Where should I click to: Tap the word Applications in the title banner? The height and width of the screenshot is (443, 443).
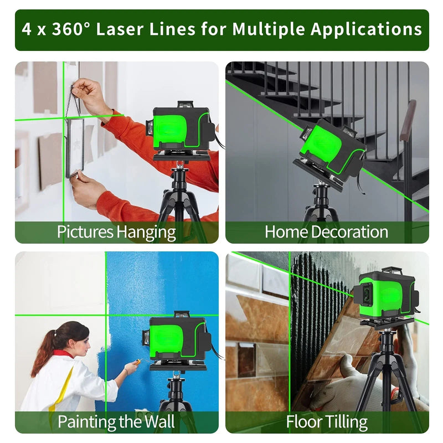pyautogui.click(x=367, y=30)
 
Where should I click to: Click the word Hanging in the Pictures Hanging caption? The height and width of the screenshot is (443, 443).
pyautogui.click(x=146, y=233)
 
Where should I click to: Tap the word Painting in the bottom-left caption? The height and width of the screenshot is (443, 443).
pyautogui.click(x=86, y=422)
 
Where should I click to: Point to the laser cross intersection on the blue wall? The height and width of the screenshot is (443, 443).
pyautogui.click(x=106, y=315)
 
